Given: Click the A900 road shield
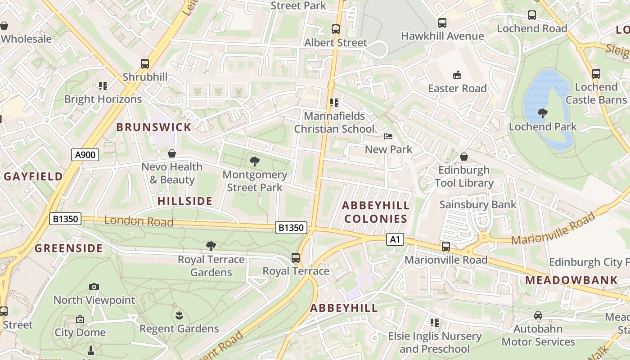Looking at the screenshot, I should [x=85, y=155].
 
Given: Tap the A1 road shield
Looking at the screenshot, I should [x=395, y=239].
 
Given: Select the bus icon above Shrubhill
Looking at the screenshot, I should [x=144, y=64].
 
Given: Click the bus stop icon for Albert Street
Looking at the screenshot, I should [x=336, y=29].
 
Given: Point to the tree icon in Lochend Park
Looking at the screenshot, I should [x=543, y=113].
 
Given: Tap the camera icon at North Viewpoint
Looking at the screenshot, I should [x=94, y=287].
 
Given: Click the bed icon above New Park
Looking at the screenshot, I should [x=388, y=136].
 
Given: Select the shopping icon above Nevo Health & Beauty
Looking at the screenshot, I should [x=172, y=154].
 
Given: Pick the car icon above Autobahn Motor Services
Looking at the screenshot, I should [x=538, y=315].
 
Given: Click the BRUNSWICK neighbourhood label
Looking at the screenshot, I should [x=154, y=127].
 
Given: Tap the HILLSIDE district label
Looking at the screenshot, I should [x=185, y=201].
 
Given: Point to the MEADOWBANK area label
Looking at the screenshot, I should [x=571, y=280].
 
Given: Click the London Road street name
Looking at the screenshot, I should [x=139, y=221].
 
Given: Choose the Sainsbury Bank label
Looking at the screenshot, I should [x=478, y=205].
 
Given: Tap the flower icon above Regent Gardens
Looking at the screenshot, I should [x=179, y=315].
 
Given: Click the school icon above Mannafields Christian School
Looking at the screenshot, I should [x=334, y=103].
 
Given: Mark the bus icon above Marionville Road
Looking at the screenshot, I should [x=446, y=247].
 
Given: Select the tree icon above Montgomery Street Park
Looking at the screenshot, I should [x=255, y=161].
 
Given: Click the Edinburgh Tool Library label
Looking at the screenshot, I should [x=464, y=176].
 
